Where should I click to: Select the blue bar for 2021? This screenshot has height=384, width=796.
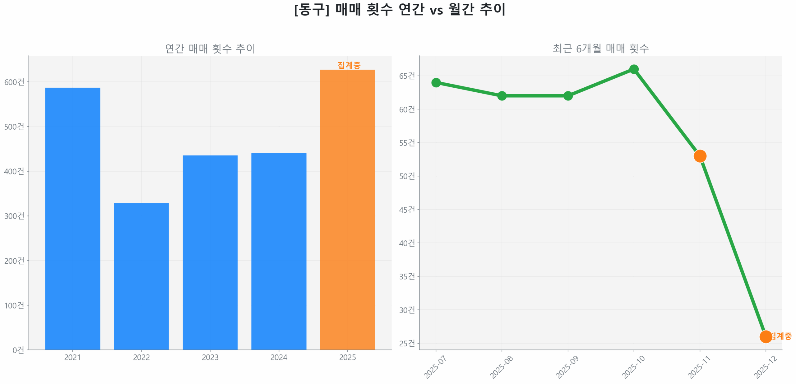(x=72, y=218)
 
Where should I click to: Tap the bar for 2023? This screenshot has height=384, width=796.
(x=210, y=252)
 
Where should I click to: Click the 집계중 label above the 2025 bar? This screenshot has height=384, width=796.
(x=349, y=65)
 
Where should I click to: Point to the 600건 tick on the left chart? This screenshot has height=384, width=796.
(x=14, y=82)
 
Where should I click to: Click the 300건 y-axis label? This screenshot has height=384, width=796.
(x=14, y=216)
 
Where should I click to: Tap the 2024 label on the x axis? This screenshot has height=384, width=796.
(x=279, y=357)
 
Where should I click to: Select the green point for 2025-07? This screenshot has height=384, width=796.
(x=436, y=83)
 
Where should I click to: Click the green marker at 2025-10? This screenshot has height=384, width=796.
(x=634, y=69)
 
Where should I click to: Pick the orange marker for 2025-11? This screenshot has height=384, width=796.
(x=700, y=156)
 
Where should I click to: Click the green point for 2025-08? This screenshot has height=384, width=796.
(x=502, y=96)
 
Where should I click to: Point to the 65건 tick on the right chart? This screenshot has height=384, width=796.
(x=407, y=76)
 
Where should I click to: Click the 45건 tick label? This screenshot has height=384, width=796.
(x=407, y=210)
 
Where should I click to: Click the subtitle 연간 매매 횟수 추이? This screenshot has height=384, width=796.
(x=210, y=49)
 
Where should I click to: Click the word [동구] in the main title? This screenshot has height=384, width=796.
(x=312, y=9)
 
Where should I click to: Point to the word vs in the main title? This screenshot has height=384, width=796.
(x=436, y=11)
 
